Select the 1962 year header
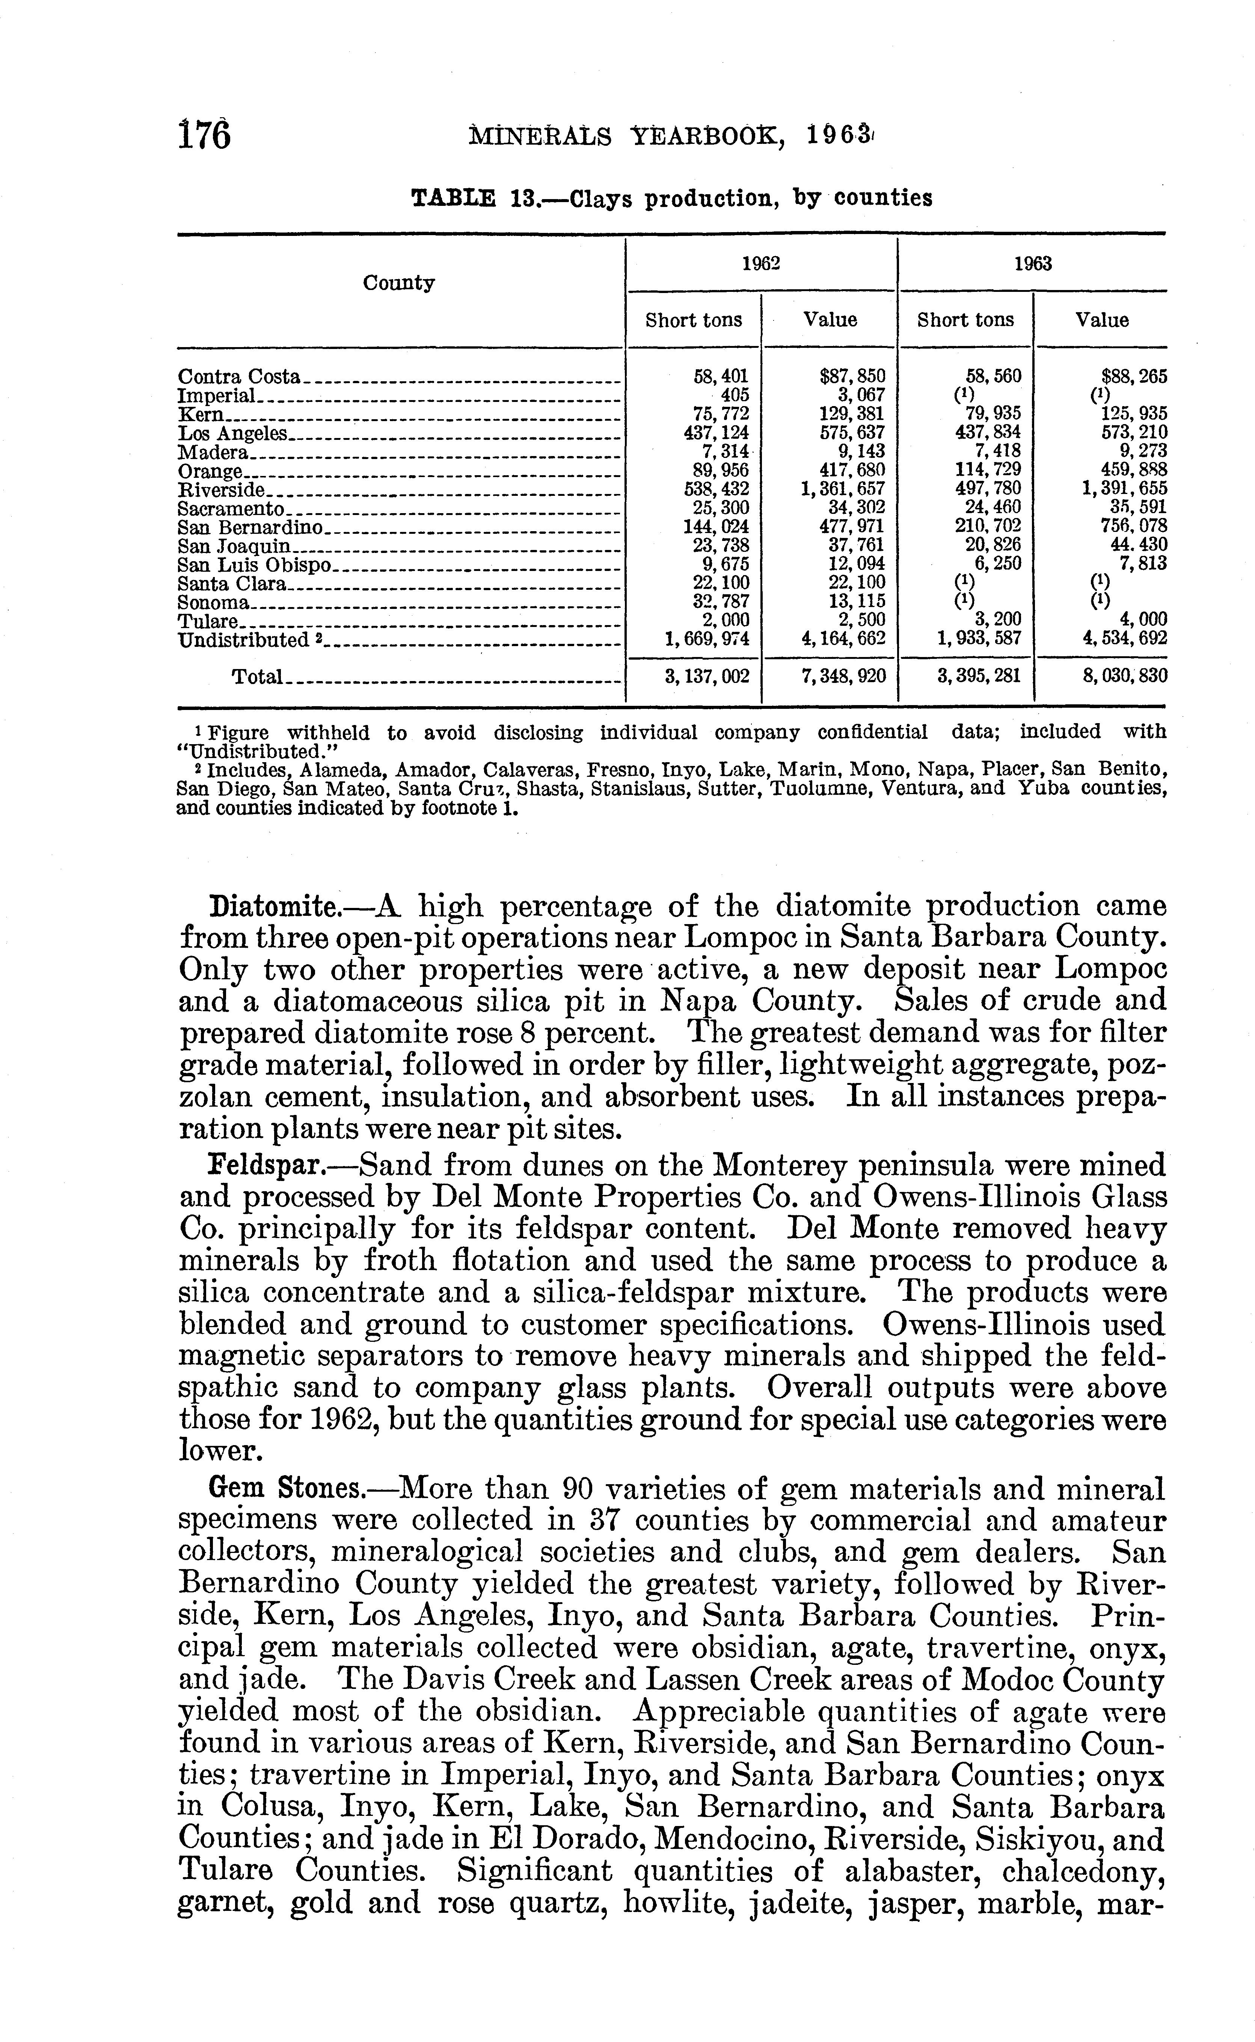(760, 264)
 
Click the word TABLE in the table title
(454, 198)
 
